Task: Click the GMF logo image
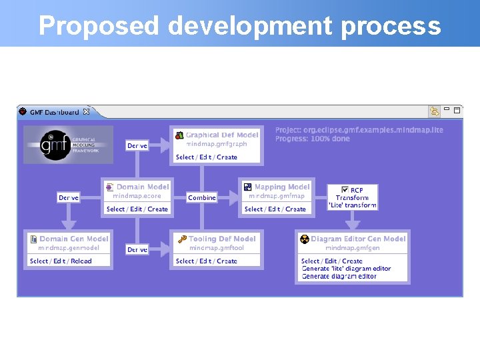click(69, 145)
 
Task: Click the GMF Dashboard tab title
click(54, 112)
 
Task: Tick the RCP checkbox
click(345, 190)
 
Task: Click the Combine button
click(202, 198)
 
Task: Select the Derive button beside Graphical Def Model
click(137, 145)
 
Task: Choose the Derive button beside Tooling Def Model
click(137, 249)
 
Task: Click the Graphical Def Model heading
click(221, 135)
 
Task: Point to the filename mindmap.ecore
click(137, 197)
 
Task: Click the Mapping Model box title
click(281, 187)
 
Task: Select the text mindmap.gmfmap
click(276, 197)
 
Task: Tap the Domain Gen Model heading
click(73, 239)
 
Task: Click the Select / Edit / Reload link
click(61, 261)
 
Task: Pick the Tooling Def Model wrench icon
click(181, 239)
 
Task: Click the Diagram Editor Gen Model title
click(357, 239)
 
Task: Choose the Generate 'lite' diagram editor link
click(346, 269)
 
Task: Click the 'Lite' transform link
click(352, 205)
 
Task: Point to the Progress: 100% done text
click(312, 139)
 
